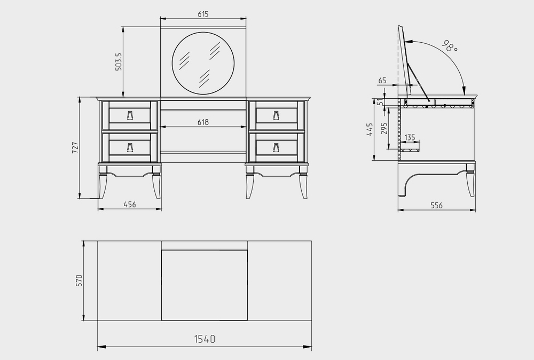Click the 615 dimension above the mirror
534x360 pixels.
click(x=203, y=14)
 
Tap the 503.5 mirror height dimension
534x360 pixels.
click(x=119, y=61)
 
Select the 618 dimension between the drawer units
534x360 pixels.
click(x=203, y=122)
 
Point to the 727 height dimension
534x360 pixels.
click(x=75, y=147)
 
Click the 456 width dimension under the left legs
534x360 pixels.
click(x=130, y=205)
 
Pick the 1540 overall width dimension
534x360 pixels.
click(x=205, y=339)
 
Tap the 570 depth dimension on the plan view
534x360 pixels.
click(x=79, y=280)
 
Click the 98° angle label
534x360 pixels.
click(x=450, y=46)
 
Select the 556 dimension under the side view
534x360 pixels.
click(x=437, y=206)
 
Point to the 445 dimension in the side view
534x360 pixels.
click(x=370, y=129)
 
